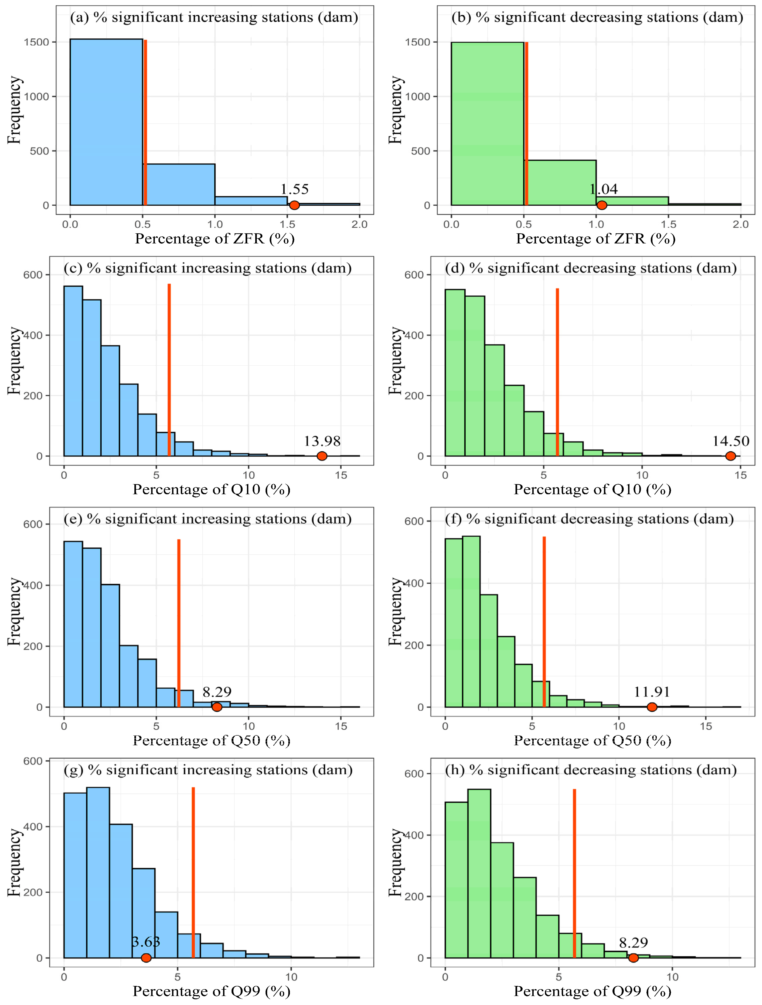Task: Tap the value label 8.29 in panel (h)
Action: tap(634, 943)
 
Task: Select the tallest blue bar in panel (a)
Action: tap(106, 123)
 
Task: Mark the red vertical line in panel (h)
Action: tap(575, 872)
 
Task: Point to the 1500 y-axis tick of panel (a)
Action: tap(36, 42)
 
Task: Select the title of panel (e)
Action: tap(207, 519)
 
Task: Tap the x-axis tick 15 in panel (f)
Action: tap(706, 726)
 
